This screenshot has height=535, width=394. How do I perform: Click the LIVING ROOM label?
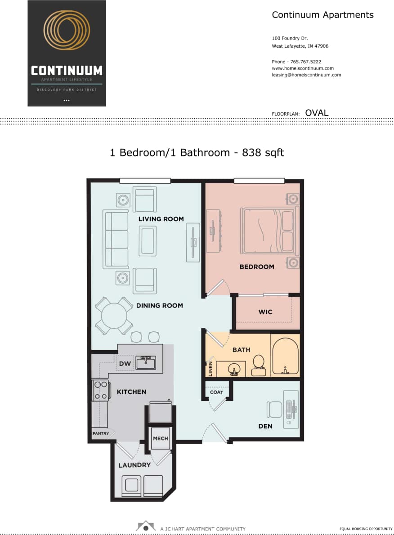pos(161,219)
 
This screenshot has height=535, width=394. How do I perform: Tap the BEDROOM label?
pos(256,267)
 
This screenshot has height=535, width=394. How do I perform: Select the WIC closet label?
pos(265,312)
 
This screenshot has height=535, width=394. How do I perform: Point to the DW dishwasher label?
pos(125,363)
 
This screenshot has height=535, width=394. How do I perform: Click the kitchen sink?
pos(146,363)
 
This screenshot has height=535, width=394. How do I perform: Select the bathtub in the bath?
pos(285,355)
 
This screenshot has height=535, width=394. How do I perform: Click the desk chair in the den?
pos(274,409)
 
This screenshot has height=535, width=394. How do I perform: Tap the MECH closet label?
pos(161,438)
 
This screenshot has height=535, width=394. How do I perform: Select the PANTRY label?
pos(101,434)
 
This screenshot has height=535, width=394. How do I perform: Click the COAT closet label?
pos(216,392)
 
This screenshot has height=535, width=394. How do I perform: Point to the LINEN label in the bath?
pos(210,369)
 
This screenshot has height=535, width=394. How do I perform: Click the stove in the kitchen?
pos(101,390)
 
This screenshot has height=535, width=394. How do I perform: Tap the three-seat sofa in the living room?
pos(116,240)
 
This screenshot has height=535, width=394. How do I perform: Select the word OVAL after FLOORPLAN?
pos(317,113)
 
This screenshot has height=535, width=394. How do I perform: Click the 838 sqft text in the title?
pos(263,152)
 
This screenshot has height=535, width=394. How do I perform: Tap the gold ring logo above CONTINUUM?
pos(67,30)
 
